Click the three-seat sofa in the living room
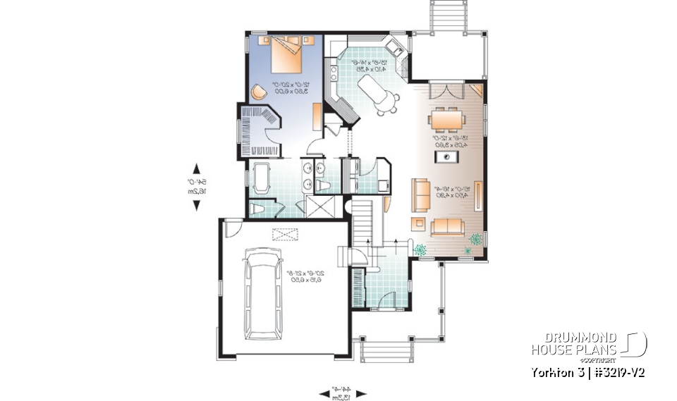[x=447, y=226]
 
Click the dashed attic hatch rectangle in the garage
[x=285, y=235]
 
